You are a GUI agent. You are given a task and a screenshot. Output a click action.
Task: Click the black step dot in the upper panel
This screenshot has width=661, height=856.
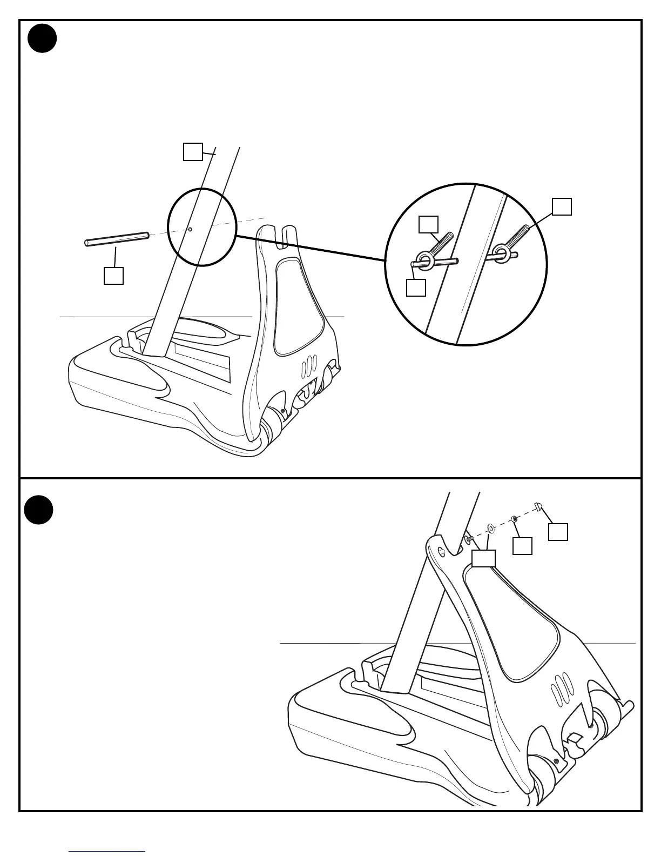pyautogui.click(x=42, y=38)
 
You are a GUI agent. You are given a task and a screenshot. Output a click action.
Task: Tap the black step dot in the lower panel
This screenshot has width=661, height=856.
pyautogui.click(x=39, y=510)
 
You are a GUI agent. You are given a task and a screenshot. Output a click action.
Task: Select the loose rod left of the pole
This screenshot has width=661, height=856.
pyautogui.click(x=117, y=239)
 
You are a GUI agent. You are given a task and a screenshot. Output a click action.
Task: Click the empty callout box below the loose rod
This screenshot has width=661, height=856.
pyautogui.click(x=113, y=276)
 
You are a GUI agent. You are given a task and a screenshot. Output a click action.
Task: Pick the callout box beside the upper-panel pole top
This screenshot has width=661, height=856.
pyautogui.click(x=192, y=152)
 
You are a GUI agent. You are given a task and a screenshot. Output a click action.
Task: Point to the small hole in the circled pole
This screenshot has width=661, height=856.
pyautogui.click(x=190, y=229)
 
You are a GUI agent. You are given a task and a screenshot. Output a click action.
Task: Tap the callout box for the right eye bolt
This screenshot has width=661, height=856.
pyautogui.click(x=562, y=207)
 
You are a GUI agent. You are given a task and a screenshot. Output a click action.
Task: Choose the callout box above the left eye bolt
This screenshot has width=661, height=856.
pyautogui.click(x=429, y=225)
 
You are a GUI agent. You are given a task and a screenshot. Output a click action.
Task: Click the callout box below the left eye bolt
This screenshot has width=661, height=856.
pyautogui.click(x=416, y=287)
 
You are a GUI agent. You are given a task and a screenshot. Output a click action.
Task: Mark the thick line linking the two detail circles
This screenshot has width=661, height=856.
pyautogui.click(x=311, y=248)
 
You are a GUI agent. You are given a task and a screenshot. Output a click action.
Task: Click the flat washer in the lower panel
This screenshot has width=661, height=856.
pyautogui.click(x=491, y=527)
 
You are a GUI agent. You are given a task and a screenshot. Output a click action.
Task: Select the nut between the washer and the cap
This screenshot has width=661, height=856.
pyautogui.click(x=515, y=519)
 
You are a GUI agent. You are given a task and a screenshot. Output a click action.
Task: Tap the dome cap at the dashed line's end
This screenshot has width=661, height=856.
pyautogui.click(x=538, y=506)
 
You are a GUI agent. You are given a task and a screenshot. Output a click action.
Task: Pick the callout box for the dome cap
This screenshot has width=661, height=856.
pyautogui.click(x=558, y=532)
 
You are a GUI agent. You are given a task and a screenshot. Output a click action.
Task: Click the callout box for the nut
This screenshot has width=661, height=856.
pyautogui.click(x=522, y=546)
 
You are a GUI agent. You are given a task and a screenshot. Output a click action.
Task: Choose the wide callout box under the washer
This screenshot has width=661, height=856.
pyautogui.click(x=483, y=558)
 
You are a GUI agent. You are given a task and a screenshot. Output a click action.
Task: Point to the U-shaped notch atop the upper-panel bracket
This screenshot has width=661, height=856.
pyautogui.click(x=283, y=238)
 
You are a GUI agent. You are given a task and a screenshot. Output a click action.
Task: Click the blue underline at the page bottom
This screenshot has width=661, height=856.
pyautogui.click(x=107, y=851)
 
